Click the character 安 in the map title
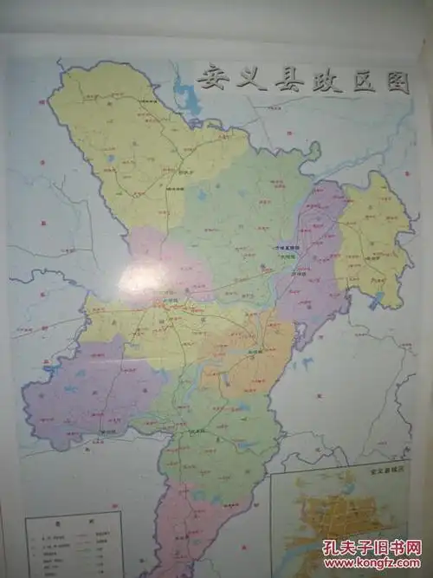click(210, 79)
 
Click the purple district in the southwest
click(87, 390)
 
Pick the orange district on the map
click(255, 355)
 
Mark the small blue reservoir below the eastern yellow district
click(377, 302)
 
